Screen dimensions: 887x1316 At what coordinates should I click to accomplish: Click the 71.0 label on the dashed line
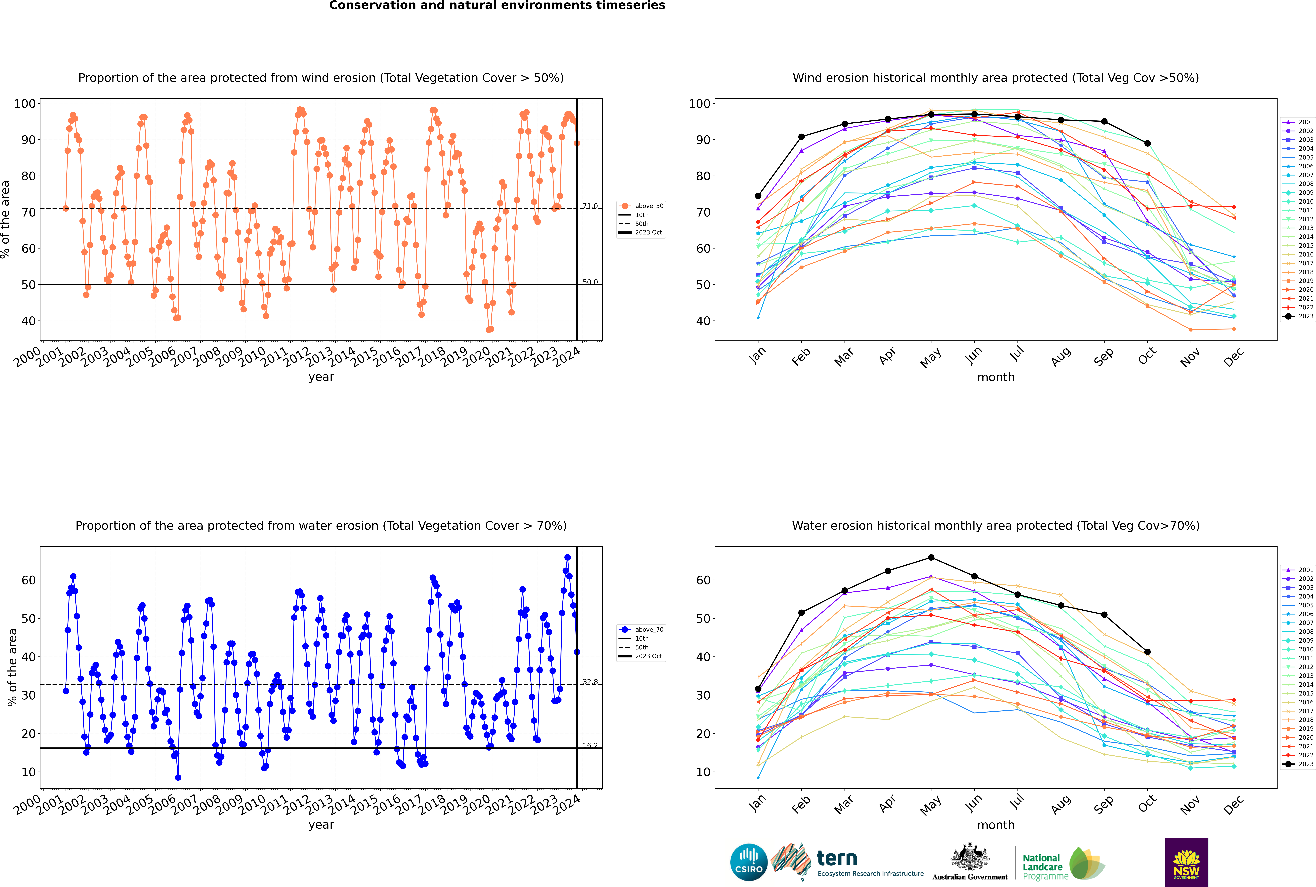[590, 206]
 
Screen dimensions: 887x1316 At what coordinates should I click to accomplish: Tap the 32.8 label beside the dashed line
[590, 682]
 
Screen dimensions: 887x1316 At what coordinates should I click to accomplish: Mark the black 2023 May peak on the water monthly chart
[931, 558]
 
